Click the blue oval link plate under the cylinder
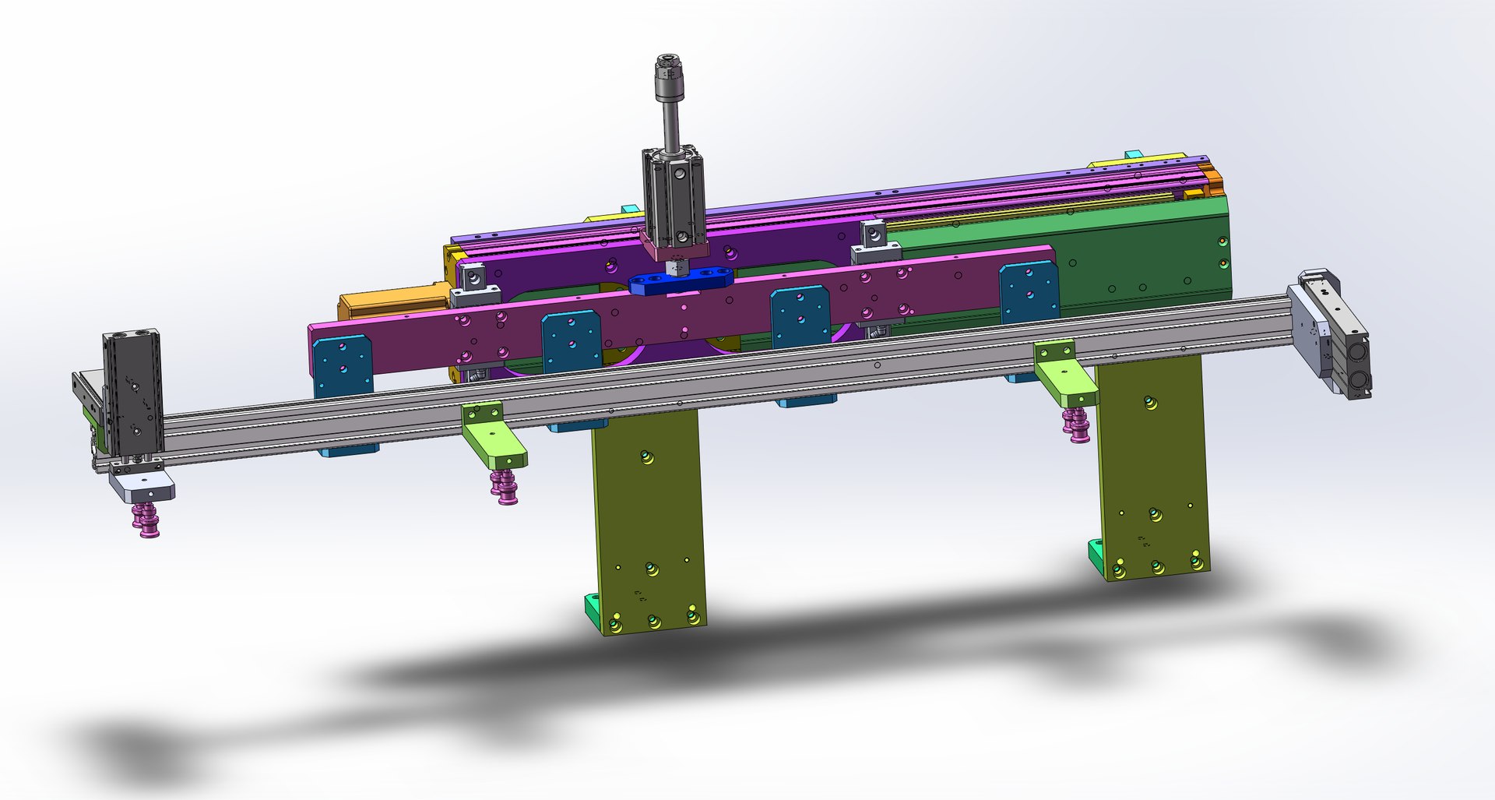click(x=681, y=281)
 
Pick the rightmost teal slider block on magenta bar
click(x=1029, y=291)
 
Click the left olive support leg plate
click(x=648, y=514)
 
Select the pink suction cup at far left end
click(x=146, y=519)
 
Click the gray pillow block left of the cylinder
click(x=470, y=284)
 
